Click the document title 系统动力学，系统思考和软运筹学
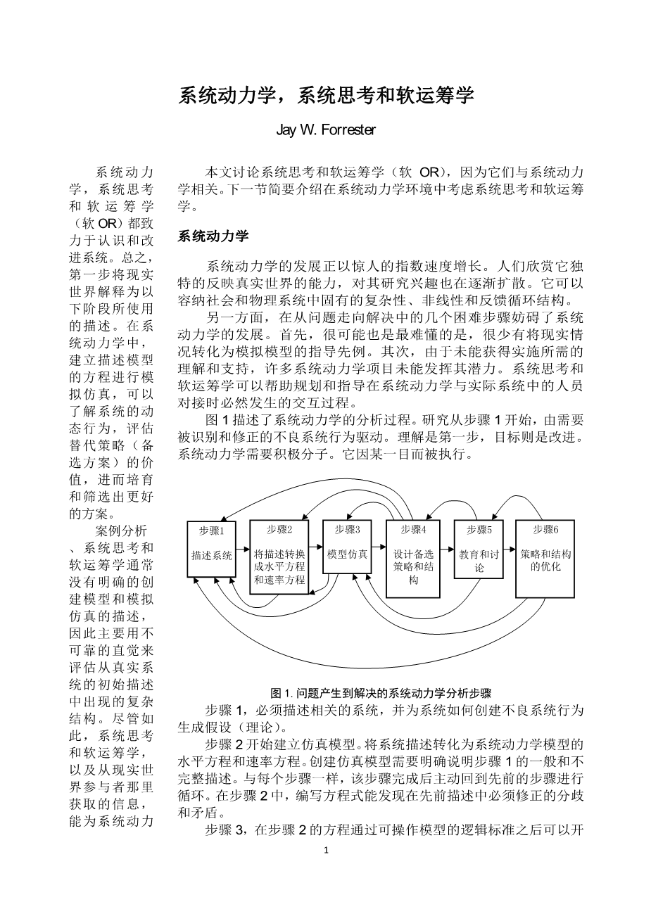(x=326, y=95)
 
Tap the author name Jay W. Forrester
(x=326, y=130)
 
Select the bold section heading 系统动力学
(x=213, y=236)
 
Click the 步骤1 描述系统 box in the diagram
(x=212, y=552)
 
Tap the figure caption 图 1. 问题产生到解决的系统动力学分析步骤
(x=381, y=692)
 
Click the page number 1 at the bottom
(x=326, y=851)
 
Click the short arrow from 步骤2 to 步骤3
(x=316, y=547)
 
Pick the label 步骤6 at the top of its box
(x=545, y=530)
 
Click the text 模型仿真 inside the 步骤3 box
(x=348, y=554)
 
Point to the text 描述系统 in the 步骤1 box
(x=212, y=555)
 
